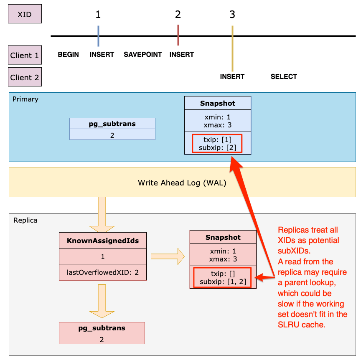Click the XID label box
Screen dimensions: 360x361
coord(25,14)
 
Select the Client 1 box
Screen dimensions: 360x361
coord(25,55)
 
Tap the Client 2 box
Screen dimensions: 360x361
coord(25,77)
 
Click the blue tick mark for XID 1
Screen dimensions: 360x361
coord(98,36)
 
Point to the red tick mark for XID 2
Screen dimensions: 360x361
coord(178,35)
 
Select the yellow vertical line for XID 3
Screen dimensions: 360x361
coord(232,48)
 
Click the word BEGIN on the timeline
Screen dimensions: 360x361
coord(68,54)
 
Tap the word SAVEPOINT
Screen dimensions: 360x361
coord(142,54)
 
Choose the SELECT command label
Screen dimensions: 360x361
coord(284,76)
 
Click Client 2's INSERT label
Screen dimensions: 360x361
coord(232,76)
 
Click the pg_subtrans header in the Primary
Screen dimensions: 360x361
coord(112,124)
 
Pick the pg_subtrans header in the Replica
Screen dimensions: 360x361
coord(102,328)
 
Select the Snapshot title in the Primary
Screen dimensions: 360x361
coord(217,103)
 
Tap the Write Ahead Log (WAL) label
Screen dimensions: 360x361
coord(182,183)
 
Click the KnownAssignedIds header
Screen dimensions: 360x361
coord(103,240)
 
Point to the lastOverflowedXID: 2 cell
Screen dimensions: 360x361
coord(103,271)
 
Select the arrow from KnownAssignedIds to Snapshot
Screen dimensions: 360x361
coord(167,256)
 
